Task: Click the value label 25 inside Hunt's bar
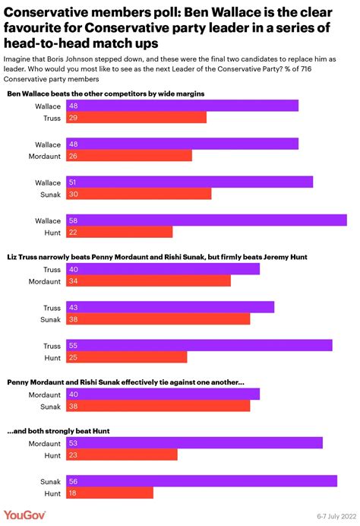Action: (73, 357)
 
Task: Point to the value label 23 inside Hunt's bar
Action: (73, 455)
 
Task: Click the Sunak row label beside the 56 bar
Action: (49, 480)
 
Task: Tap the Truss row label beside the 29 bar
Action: (51, 118)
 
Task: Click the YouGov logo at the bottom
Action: (25, 515)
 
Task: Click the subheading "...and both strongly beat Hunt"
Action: (58, 430)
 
